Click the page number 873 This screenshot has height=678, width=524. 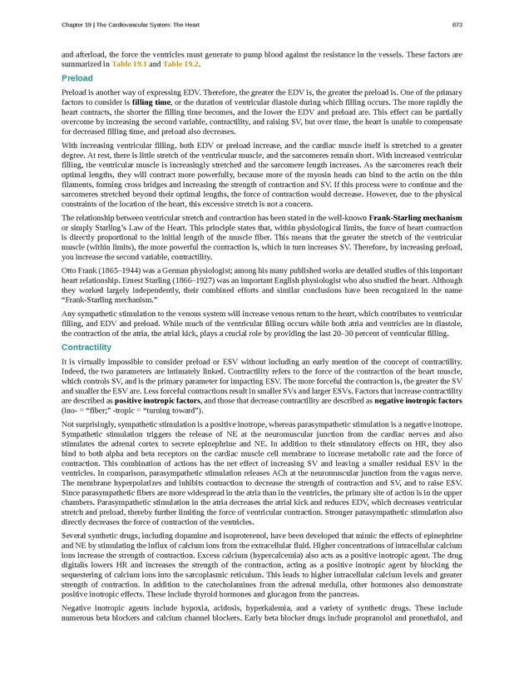(457, 24)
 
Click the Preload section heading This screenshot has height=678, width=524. (77, 78)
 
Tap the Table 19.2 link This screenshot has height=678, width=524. (180, 64)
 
